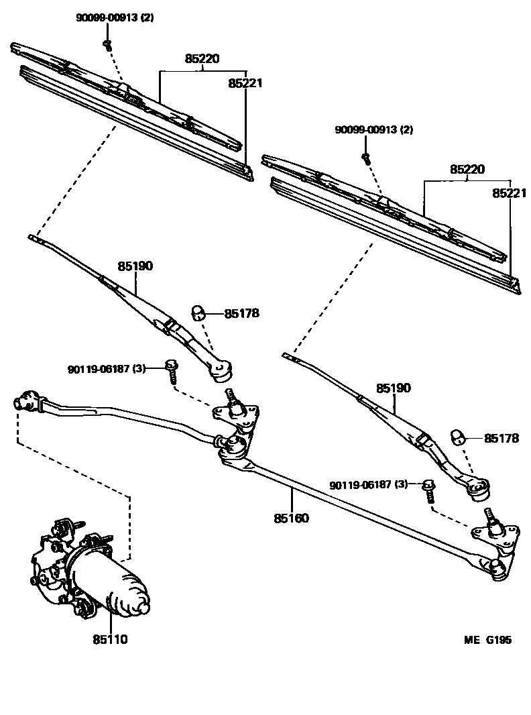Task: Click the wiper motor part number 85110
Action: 110,639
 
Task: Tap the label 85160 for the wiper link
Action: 292,518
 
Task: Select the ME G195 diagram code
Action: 487,640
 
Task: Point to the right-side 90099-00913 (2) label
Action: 374,129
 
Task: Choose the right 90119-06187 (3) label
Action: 368,484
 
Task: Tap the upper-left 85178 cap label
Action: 241,313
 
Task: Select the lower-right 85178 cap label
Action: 501,438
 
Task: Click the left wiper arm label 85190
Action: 135,266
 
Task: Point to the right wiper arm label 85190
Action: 394,388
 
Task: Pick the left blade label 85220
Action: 202,59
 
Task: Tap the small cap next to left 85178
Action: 199,312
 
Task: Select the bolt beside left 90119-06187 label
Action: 172,370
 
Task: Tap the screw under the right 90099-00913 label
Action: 365,158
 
